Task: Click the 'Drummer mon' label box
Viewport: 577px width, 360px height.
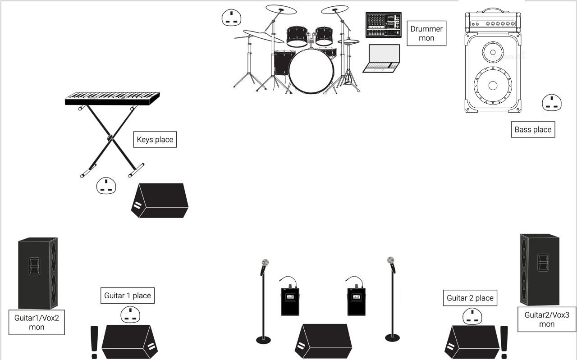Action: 426,33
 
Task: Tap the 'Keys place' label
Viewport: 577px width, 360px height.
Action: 155,140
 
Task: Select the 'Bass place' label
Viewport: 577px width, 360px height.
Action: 533,129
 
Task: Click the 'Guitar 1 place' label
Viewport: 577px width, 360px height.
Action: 128,296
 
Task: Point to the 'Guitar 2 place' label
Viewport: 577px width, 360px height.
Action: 470,298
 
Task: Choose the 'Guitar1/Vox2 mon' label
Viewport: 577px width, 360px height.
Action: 37,323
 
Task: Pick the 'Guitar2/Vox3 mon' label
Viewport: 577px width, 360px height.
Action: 547,319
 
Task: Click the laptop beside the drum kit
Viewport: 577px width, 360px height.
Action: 381,59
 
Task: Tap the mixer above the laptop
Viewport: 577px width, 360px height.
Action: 384,25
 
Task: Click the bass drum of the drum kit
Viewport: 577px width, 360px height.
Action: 311,71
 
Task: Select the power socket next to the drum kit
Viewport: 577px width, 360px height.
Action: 231,18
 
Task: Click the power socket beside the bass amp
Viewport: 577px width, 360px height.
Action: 552,102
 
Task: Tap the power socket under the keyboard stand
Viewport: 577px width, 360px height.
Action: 106,186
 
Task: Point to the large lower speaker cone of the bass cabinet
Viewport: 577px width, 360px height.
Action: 493,86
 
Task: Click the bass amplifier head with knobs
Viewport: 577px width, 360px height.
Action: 493,21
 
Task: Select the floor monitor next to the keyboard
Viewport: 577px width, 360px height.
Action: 160,201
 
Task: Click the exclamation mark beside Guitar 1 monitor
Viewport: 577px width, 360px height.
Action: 94,342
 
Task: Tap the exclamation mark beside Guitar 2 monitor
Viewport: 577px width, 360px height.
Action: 504,342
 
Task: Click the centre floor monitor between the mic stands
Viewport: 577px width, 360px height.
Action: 324,342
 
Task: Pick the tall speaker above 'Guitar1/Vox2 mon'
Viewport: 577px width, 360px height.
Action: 38,273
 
